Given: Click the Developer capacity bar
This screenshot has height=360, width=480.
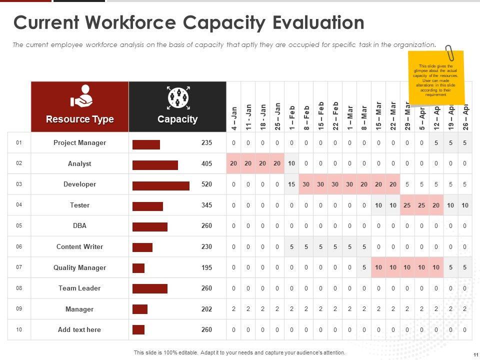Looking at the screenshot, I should tap(160, 186).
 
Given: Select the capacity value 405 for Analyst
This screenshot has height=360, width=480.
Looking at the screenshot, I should tap(206, 163).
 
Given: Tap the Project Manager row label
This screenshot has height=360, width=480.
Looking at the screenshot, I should tap(79, 142).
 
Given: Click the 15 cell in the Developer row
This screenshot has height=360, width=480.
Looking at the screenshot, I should tap(292, 184).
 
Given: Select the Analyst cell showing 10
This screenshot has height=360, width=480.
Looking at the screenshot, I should tap(292, 163).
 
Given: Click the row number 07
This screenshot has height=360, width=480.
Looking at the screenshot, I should tap(19, 267).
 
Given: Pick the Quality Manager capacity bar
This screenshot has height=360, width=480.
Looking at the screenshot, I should tap(138, 268).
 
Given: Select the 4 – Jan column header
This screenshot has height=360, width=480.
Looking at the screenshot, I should tap(234, 118).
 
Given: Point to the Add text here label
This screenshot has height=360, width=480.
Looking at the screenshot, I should tap(79, 329).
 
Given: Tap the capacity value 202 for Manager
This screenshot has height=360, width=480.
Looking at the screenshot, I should tap(206, 309).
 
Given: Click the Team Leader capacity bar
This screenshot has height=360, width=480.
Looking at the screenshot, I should tap(149, 288).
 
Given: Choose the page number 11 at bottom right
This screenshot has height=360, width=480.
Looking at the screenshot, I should tap(474, 354).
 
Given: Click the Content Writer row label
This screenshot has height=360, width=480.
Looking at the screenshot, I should tap(79, 246).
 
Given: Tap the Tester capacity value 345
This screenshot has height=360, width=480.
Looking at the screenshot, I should tap(206, 205).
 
